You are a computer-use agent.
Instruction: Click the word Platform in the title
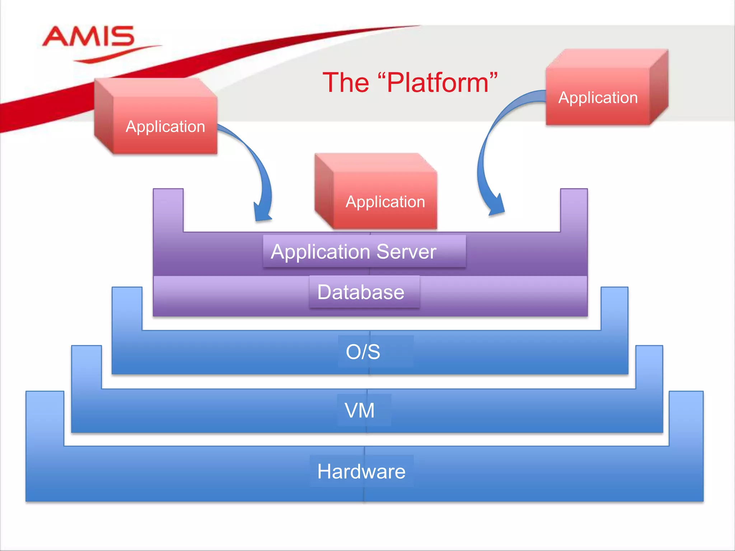tap(437, 83)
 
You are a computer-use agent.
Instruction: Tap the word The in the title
tap(346, 83)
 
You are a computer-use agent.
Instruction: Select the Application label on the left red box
tap(165, 127)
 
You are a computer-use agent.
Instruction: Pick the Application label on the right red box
tap(598, 98)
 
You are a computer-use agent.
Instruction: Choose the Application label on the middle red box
tap(385, 202)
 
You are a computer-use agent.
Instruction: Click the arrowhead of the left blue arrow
tap(262, 214)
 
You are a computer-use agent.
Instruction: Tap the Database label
tap(361, 292)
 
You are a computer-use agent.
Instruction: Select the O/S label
tap(363, 352)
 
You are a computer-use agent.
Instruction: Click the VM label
tap(360, 410)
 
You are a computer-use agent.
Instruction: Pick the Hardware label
tap(361, 471)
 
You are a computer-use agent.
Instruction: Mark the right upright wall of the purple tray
tap(574, 212)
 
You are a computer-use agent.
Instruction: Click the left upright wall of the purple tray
tap(168, 212)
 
